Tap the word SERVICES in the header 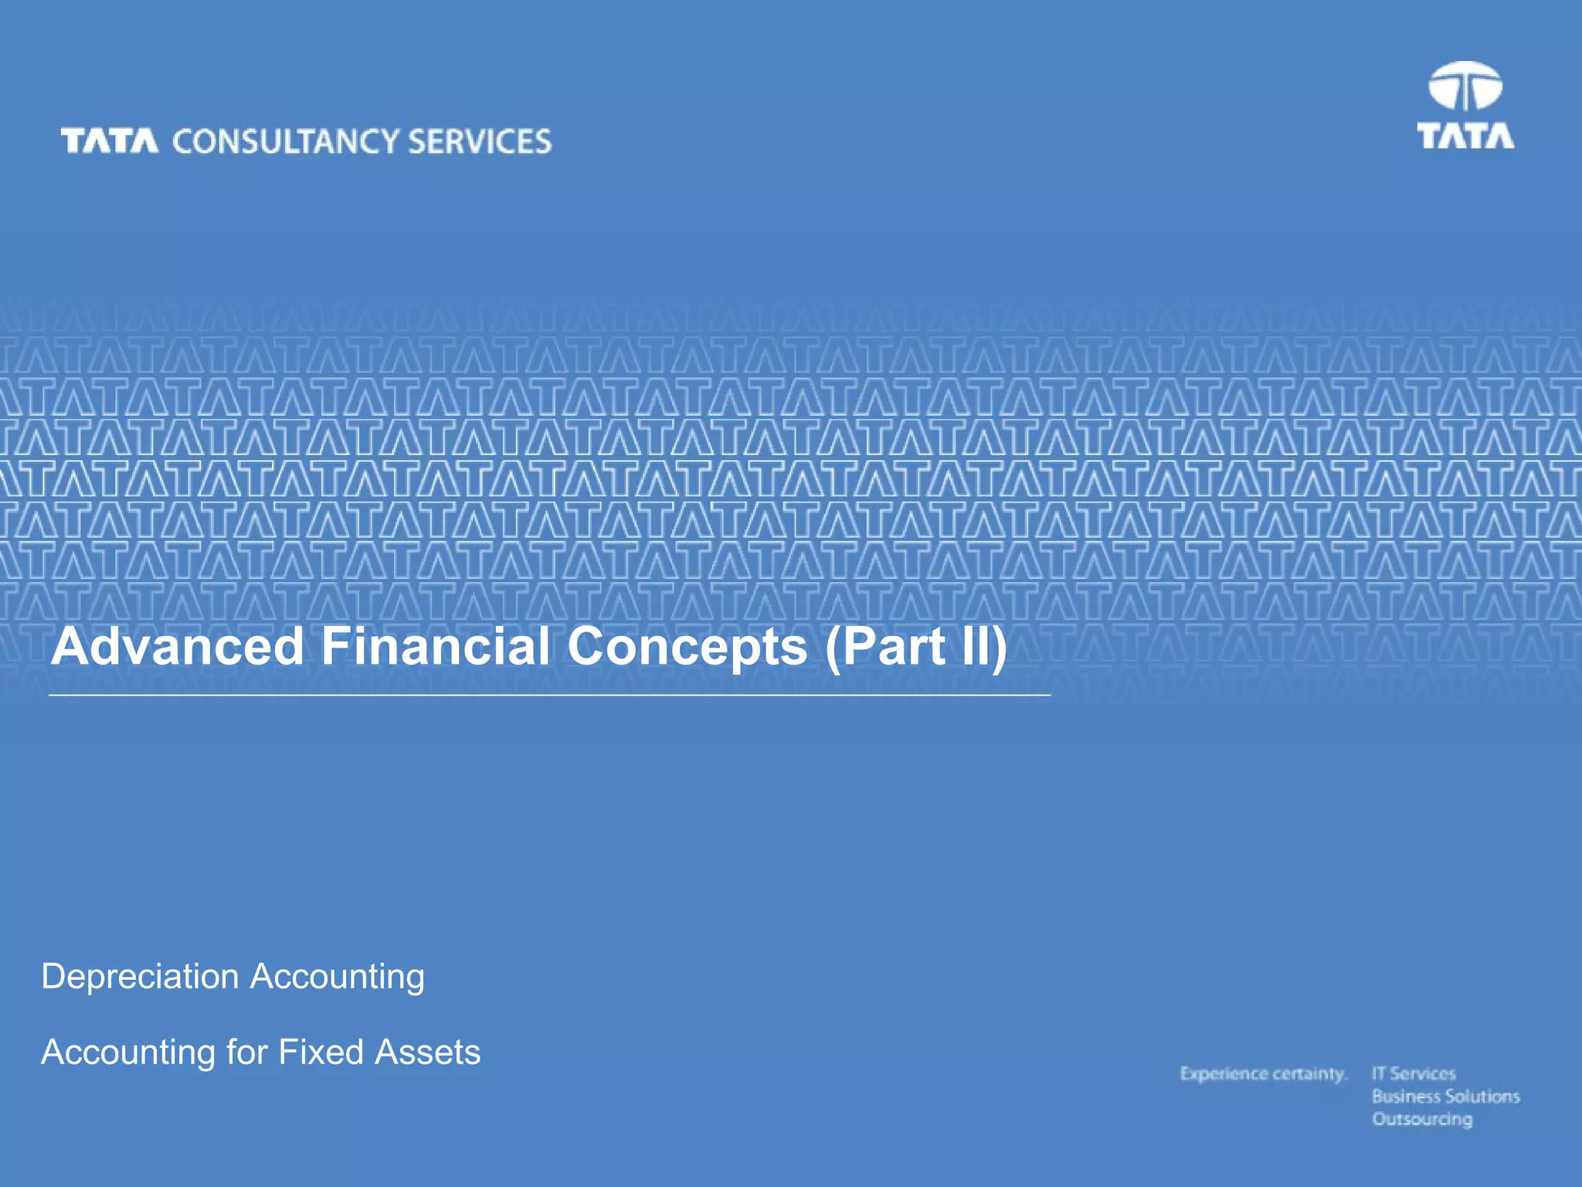480,142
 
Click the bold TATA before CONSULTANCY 110,141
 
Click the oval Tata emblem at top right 1465,87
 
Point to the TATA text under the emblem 1465,136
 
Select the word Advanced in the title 178,646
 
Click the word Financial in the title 436,646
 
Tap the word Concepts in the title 687,648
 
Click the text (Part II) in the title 916,648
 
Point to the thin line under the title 548,695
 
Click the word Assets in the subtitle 427,1052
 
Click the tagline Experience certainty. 1263,1074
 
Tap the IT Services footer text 1414,1073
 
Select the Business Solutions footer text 1445,1097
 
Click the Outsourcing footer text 1422,1119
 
